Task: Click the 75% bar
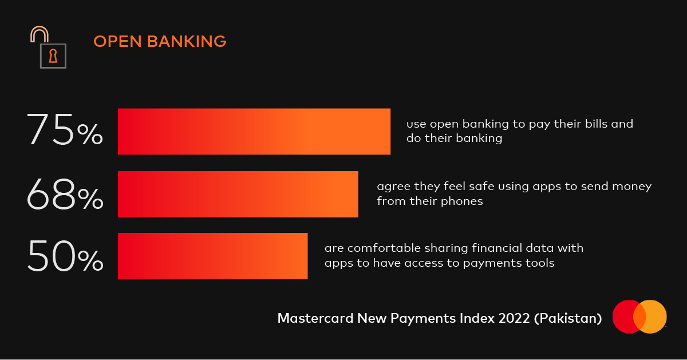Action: (x=254, y=132)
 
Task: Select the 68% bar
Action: (x=238, y=194)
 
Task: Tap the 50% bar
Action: (x=213, y=256)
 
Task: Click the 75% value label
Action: (x=65, y=129)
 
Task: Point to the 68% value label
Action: (x=65, y=194)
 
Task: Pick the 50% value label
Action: (x=65, y=256)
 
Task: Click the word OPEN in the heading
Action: (x=117, y=41)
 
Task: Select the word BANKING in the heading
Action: (x=187, y=41)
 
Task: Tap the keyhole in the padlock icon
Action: (x=53, y=56)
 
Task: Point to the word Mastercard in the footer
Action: (x=315, y=318)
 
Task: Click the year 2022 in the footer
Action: (x=514, y=318)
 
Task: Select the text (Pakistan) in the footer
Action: (x=568, y=319)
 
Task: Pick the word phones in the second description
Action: (x=461, y=201)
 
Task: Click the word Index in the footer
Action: (x=477, y=318)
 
